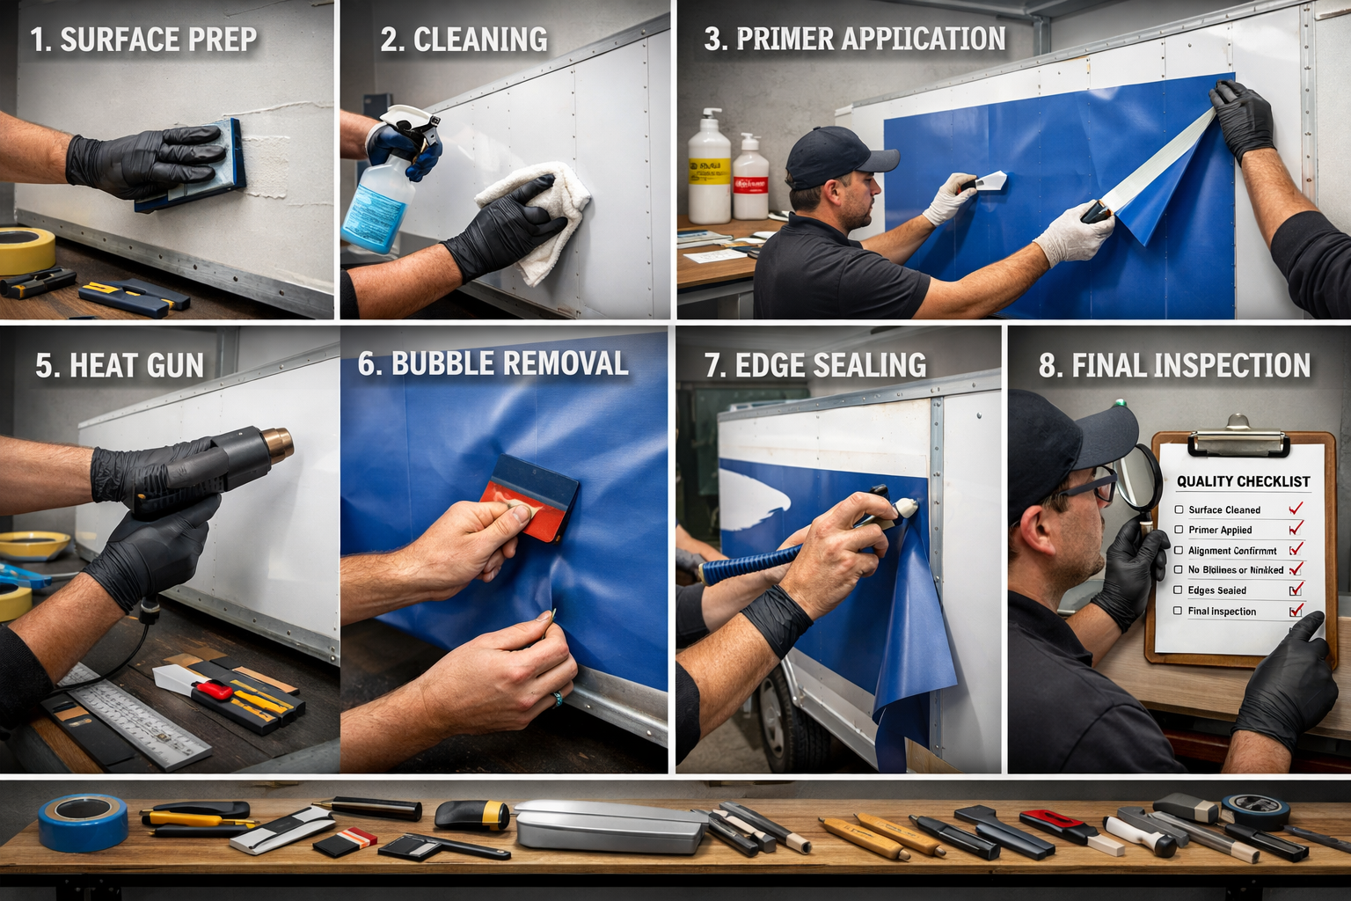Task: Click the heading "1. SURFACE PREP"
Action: (143, 40)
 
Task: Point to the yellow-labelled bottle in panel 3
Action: (709, 172)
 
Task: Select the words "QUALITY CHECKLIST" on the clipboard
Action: (1243, 481)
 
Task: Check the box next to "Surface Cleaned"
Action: (1179, 509)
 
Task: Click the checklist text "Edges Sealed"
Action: (1216, 590)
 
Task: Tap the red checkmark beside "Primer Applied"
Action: (1296, 529)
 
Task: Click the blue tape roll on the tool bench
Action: (84, 822)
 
